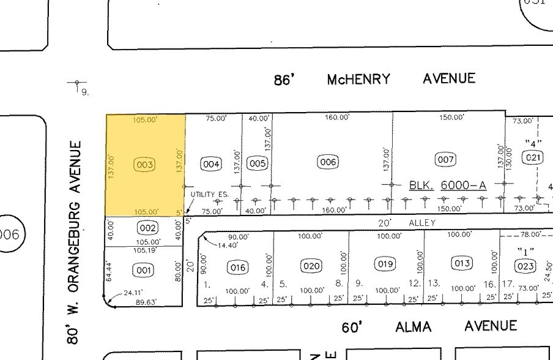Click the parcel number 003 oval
(x=145, y=165)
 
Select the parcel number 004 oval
(x=211, y=164)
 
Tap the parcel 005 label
(x=257, y=163)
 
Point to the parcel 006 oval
(x=328, y=162)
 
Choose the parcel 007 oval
(x=445, y=160)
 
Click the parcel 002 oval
(x=147, y=228)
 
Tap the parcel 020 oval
(x=311, y=266)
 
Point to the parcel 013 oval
(x=461, y=263)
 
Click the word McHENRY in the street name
(x=358, y=80)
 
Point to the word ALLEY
(x=422, y=223)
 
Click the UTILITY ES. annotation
(x=209, y=194)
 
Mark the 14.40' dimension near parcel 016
(x=227, y=245)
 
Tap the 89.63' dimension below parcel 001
(x=145, y=302)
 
